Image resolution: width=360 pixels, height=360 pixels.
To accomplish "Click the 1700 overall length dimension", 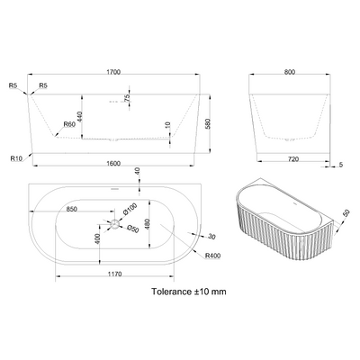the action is pos(113,72).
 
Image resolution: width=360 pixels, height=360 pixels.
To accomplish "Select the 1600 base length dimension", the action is pos(113,164).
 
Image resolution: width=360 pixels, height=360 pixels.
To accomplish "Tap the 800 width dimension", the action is pos(290,72).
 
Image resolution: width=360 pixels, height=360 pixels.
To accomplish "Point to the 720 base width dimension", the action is pos(293,159).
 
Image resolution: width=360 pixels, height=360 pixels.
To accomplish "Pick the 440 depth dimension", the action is pos(80,117).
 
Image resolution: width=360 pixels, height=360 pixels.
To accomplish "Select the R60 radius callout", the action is pos(68,124).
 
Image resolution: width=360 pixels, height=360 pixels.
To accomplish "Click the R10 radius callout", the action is pos(16,159).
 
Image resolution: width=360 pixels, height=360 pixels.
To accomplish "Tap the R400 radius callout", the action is pos(213,256).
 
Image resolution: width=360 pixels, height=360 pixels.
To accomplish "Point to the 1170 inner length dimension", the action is pos(114,274).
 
